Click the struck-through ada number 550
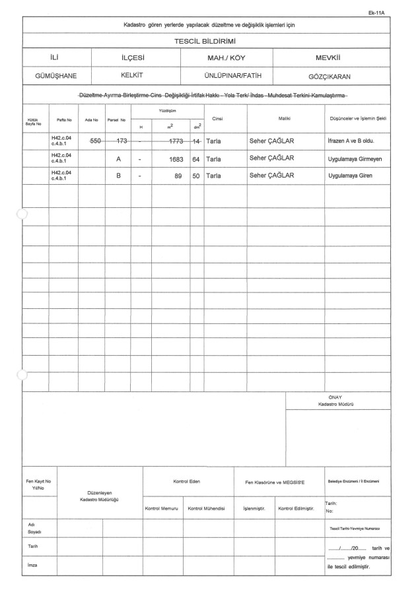(x=94, y=141)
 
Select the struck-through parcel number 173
(x=121, y=141)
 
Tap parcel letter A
(x=118, y=159)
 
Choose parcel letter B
(x=118, y=176)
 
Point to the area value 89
(x=178, y=176)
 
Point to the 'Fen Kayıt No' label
(x=38, y=482)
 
